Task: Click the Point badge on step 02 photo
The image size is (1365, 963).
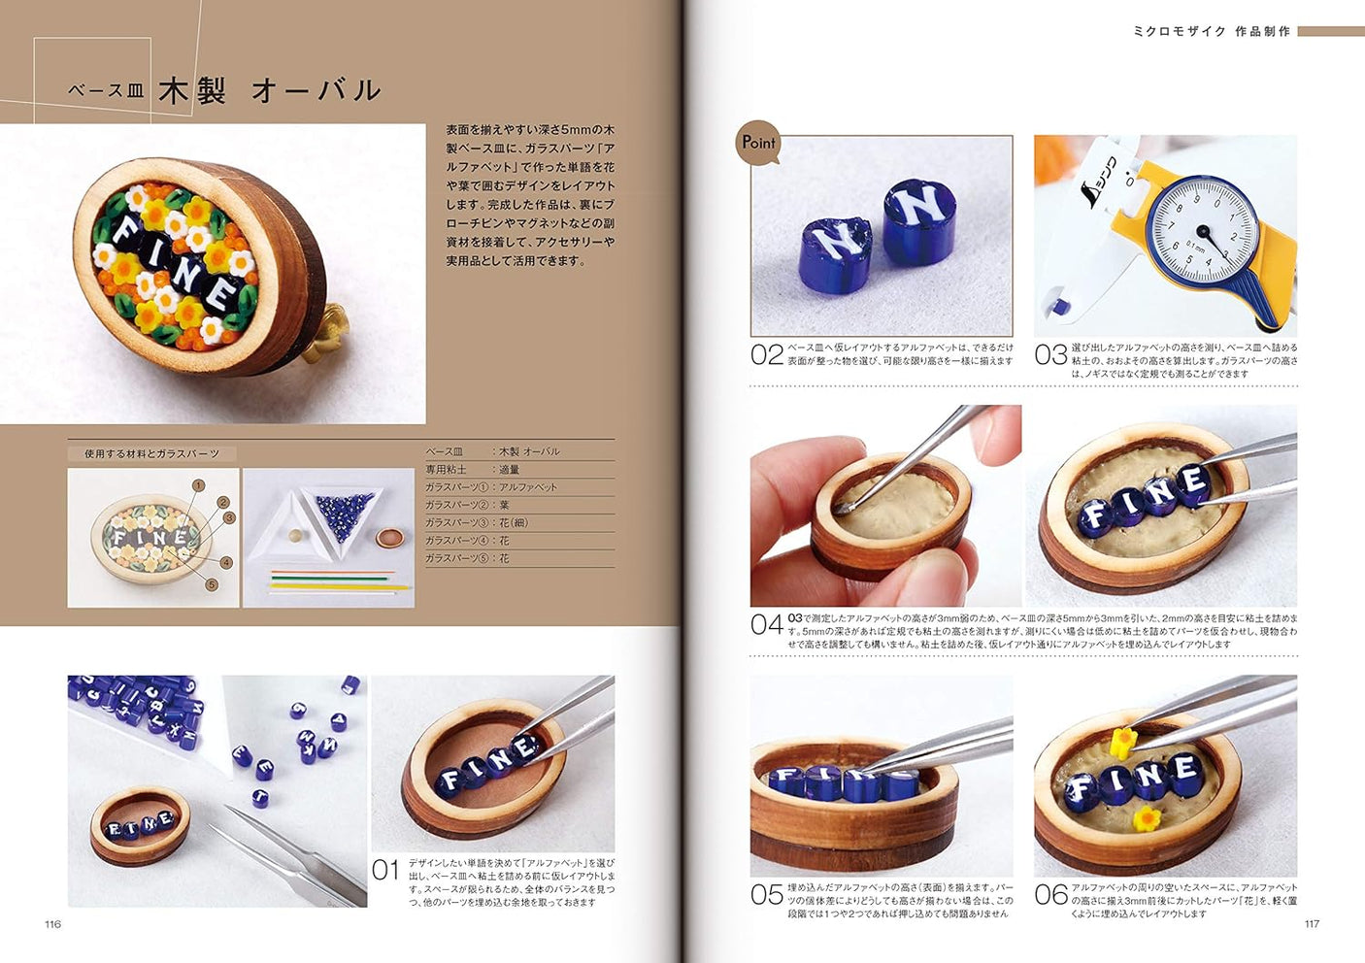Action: point(758,143)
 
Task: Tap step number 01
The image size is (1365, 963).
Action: point(385,870)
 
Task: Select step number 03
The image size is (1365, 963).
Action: point(1050,355)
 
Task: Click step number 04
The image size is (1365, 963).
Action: point(766,624)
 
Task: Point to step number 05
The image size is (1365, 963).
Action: point(766,894)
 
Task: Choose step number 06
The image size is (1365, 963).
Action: point(1050,894)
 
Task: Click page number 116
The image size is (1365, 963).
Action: point(52,924)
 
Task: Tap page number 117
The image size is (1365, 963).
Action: point(1312,924)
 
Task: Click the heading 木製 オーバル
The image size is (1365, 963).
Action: point(269,91)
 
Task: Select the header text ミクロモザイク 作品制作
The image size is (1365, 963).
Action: point(1212,32)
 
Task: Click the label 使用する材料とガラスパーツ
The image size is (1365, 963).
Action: point(151,453)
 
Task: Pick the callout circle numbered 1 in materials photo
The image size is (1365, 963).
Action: point(198,485)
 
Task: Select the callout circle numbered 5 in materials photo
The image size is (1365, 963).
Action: point(212,584)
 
